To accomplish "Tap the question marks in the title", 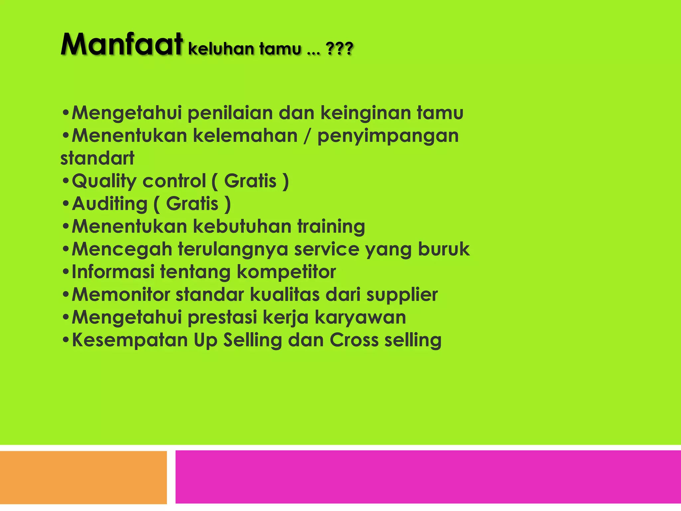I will [340, 49].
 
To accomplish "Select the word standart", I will [97, 158].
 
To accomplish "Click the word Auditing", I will [109, 204].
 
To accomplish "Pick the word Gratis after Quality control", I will [250, 181].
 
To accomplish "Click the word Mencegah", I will [122, 250].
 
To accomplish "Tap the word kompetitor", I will [286, 272].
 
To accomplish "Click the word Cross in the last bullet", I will [354, 340].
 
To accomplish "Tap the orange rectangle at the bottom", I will [83, 477].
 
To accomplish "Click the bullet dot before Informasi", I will [66, 272].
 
